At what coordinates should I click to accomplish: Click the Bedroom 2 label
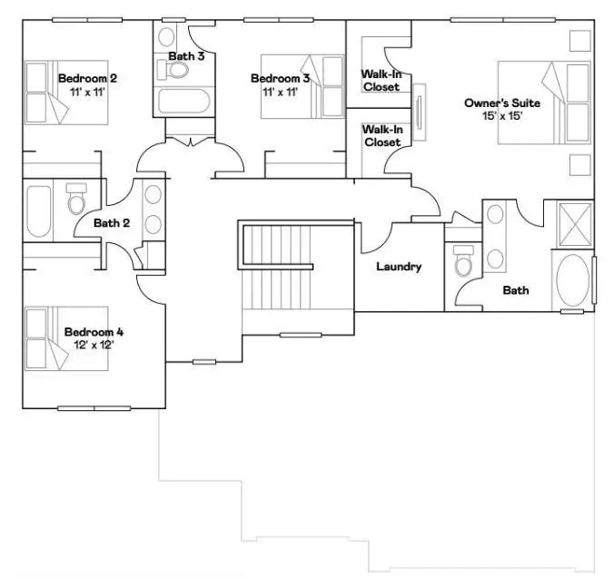pos(87,78)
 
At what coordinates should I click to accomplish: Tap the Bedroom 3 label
pos(280,78)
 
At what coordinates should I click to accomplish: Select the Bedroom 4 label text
pos(94,332)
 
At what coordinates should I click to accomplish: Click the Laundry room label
pos(399,267)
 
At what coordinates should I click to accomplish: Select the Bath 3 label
pos(185,56)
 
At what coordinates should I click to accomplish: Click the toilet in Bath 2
pos(76,199)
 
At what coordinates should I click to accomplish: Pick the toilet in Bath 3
pos(168,40)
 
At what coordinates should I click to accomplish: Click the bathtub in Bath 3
pos(183,100)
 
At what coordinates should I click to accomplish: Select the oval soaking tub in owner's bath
pos(572,279)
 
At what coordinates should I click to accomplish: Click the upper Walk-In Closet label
pos(381,80)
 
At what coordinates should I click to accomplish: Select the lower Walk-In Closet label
pos(381,136)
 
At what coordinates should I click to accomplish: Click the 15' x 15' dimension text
pos(497,116)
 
